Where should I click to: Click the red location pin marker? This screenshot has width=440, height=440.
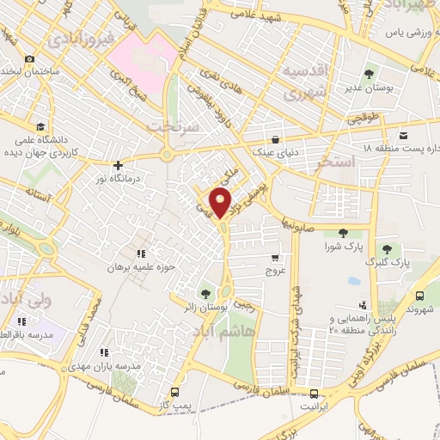click(221, 204)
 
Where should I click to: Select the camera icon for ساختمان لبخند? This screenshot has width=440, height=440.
click(30, 58)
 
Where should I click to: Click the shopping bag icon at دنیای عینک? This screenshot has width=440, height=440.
click(275, 138)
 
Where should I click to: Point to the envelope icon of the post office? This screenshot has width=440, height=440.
click(403, 134)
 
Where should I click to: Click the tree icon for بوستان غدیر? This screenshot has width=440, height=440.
click(370, 75)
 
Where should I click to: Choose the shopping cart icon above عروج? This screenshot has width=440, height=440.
click(274, 257)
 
